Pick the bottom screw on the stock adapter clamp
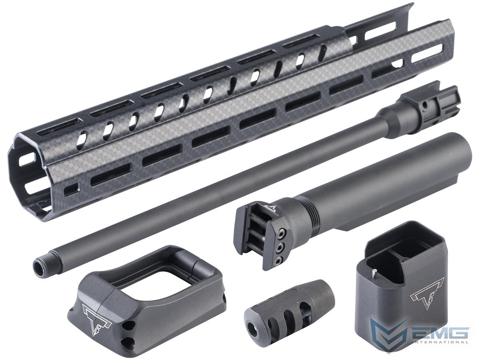(x=278, y=260)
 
